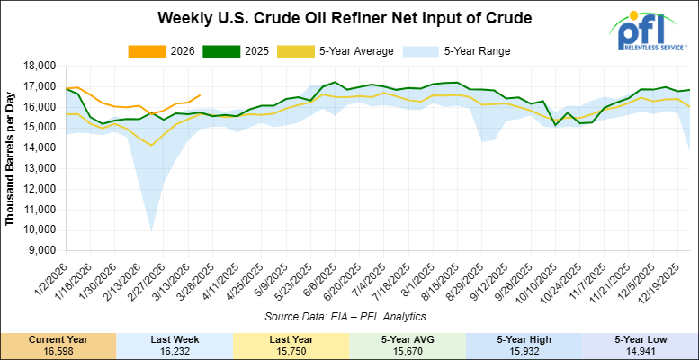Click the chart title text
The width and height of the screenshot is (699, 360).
345,18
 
